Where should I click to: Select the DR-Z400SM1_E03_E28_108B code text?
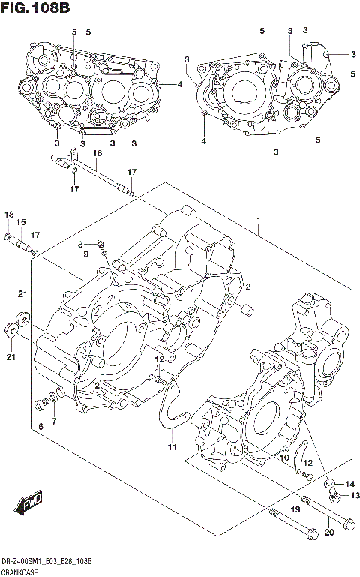(46, 562)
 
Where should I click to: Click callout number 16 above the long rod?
(97, 153)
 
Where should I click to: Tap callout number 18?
(8, 215)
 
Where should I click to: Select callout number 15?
(21, 222)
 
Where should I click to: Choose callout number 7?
(54, 422)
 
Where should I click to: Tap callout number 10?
(283, 458)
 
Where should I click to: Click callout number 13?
(355, 495)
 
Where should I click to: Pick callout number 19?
(295, 510)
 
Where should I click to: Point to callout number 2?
(247, 287)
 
